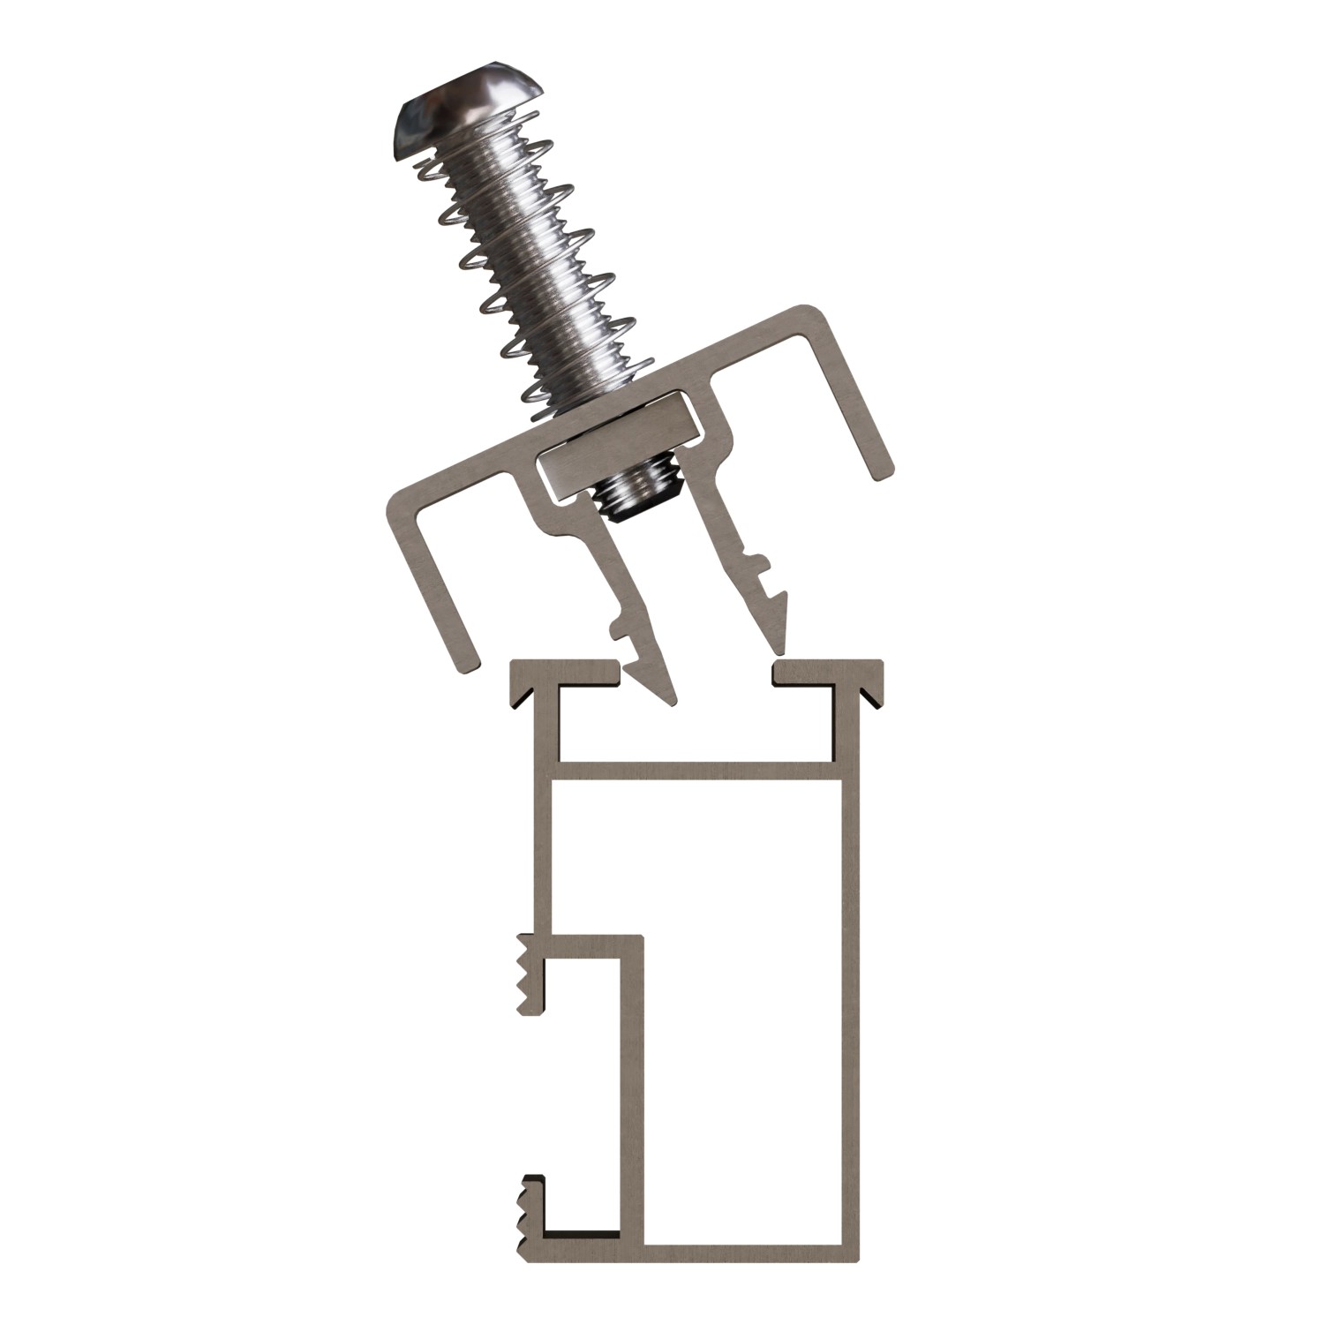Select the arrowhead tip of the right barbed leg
pyautogui.click(x=779, y=643)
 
